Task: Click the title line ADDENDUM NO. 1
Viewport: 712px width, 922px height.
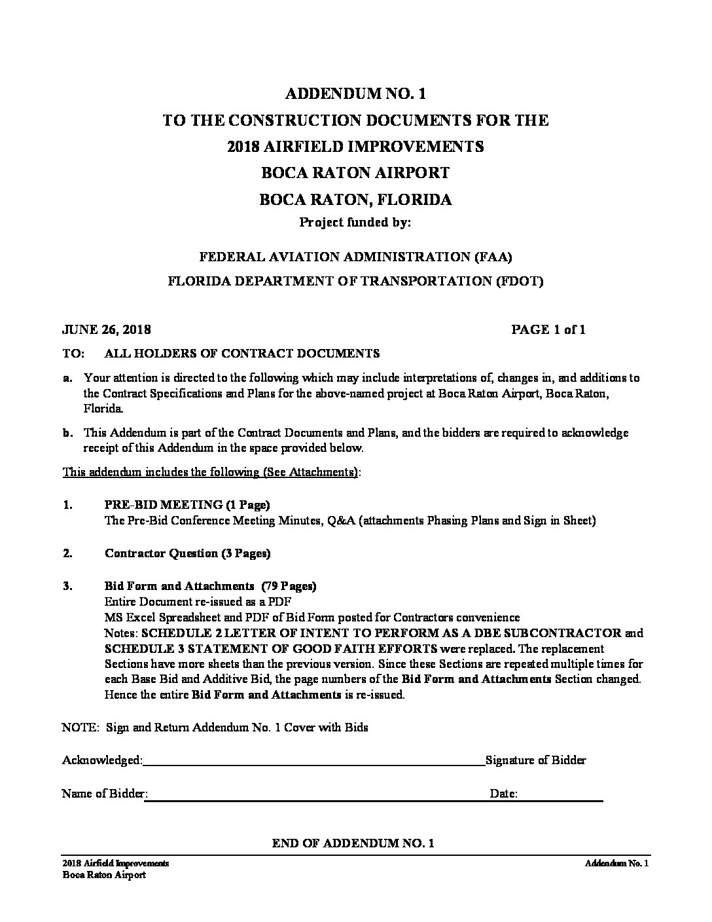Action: tap(355, 94)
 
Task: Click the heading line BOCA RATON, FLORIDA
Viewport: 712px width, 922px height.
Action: tap(355, 199)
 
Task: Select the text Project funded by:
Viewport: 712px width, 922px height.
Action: tap(355, 222)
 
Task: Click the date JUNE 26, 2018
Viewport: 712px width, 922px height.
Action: tap(107, 329)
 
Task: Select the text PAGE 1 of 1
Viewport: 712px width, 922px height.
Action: tap(548, 329)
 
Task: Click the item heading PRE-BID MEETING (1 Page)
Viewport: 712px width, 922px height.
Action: tap(187, 505)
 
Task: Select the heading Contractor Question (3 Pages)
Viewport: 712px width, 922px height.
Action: tap(187, 553)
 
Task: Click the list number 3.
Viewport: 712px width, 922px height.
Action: tap(67, 586)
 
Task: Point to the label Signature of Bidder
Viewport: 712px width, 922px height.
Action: tap(535, 760)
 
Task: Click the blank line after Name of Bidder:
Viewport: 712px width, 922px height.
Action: tap(314, 799)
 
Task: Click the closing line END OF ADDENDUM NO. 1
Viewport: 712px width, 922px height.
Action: tap(353, 843)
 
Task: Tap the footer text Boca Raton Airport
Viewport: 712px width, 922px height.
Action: tap(104, 875)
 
